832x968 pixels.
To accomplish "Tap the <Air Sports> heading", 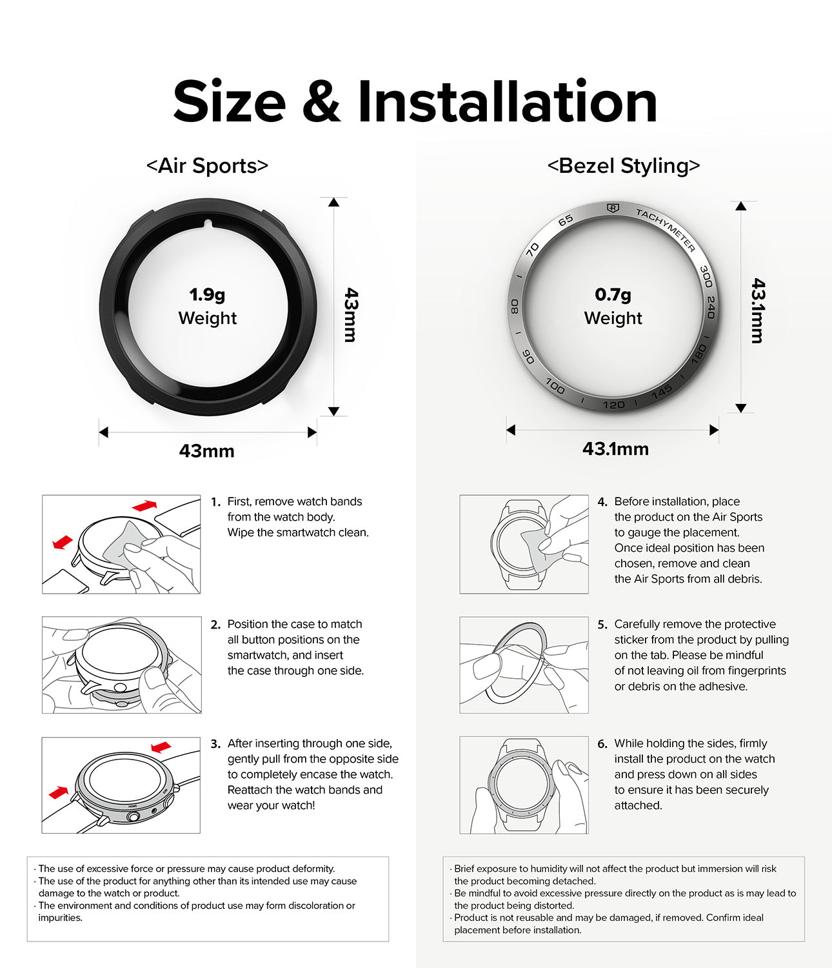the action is click(207, 166).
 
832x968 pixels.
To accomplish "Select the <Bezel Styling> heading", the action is click(623, 166).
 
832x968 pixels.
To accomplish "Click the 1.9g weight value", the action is click(207, 294).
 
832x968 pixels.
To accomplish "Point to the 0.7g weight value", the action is click(613, 294).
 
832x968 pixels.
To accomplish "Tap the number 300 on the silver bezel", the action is click(706, 276).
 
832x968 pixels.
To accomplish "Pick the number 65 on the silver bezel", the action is click(566, 219).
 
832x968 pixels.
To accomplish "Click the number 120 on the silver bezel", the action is click(613, 405).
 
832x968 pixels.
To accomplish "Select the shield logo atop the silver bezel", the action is click(613, 208).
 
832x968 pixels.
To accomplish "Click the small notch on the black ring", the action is click(208, 224).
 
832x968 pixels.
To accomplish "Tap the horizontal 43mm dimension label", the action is click(207, 451).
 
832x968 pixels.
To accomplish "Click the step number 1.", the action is click(215, 502).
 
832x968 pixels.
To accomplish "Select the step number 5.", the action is click(602, 625).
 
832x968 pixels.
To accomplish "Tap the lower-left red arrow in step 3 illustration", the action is click(59, 793).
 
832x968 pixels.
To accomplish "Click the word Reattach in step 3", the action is click(250, 790).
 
